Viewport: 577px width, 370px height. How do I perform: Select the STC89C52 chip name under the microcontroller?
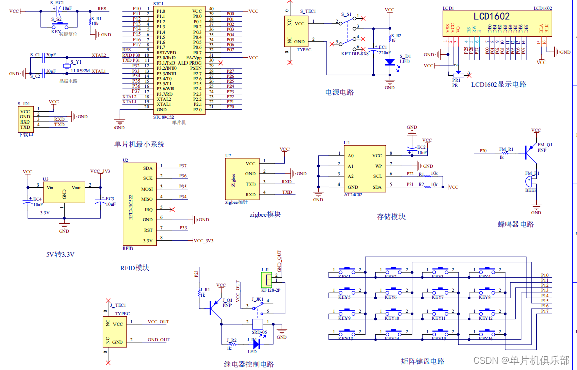point(164,117)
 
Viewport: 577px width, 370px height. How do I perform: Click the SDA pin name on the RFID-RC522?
point(148,168)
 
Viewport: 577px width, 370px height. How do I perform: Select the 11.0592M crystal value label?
point(80,71)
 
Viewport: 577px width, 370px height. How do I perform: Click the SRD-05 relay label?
point(259,332)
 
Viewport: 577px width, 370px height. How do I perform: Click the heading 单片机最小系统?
point(140,144)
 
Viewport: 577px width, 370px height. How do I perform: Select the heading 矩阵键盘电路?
point(423,361)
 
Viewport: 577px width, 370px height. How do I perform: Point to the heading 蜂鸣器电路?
point(515,224)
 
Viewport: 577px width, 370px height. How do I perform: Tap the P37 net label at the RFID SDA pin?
point(183,166)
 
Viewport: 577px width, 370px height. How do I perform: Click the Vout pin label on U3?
point(76,188)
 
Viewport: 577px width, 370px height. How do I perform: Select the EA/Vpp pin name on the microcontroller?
point(194,58)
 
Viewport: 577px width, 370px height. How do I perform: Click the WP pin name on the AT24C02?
point(378,166)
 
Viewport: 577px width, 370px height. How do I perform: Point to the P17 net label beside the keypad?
point(545,311)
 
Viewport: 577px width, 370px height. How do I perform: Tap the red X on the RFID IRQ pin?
point(172,209)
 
